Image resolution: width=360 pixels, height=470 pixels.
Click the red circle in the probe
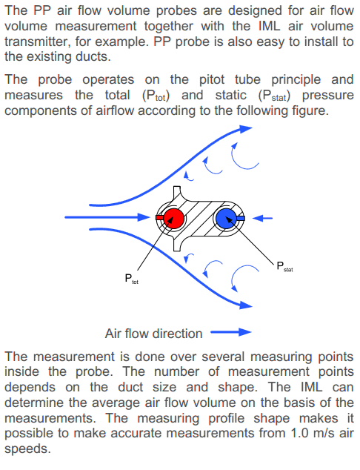pyautogui.click(x=173, y=218)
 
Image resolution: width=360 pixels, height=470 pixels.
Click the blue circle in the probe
pyautogui.click(x=227, y=218)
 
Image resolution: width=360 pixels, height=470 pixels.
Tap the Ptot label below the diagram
pyautogui.click(x=131, y=279)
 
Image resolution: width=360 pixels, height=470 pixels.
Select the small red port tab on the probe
pyautogui.click(x=160, y=217)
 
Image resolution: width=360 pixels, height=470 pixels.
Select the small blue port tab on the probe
pyautogui.click(x=241, y=218)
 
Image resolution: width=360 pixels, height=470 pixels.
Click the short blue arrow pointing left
pyautogui.click(x=262, y=218)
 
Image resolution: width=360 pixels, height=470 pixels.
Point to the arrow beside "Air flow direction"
pyautogui.click(x=231, y=332)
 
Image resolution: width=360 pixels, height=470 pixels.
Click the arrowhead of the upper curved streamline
pyautogui.click(x=246, y=129)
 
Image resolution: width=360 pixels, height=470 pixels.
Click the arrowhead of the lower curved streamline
pyautogui.click(x=246, y=305)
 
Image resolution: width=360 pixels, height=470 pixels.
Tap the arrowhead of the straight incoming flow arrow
pyautogui.click(x=144, y=217)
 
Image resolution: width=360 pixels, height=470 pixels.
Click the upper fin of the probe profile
pyautogui.click(x=177, y=193)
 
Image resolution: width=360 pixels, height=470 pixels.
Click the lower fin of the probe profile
pyautogui.click(x=177, y=244)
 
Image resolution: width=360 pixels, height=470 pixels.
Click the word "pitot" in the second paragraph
pyautogui.click(x=212, y=80)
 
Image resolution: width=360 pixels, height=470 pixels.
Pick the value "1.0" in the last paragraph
pyautogui.click(x=300, y=433)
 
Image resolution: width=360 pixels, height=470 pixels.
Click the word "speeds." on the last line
pyautogui.click(x=27, y=449)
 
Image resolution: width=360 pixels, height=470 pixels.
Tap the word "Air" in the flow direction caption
pyautogui.click(x=113, y=334)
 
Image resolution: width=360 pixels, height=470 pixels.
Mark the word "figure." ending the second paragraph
pyautogui.click(x=310, y=110)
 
